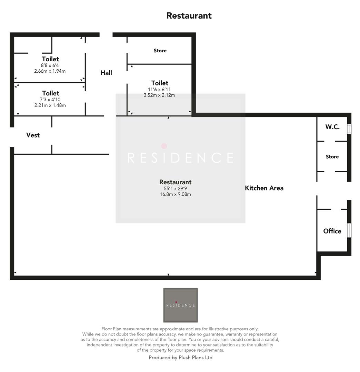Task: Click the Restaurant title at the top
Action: [x=189, y=15]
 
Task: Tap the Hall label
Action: [x=106, y=73]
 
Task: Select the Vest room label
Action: [x=33, y=135]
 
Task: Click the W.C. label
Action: [x=332, y=127]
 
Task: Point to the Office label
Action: [x=332, y=231]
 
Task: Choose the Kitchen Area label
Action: [x=264, y=188]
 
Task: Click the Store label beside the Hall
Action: [x=160, y=51]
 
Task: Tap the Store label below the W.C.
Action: [x=332, y=156]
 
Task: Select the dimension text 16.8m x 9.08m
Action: [x=175, y=194]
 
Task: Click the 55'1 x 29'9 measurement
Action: [x=175, y=188]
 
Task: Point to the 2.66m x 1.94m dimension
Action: [x=50, y=71]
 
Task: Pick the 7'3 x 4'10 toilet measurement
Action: [x=50, y=99]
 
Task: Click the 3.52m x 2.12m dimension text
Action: [x=159, y=95]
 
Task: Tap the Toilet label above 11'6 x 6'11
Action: [x=160, y=83]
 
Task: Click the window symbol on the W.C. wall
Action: [x=349, y=129]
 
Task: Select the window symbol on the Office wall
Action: [x=349, y=231]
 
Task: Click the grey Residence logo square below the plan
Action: [x=180, y=305]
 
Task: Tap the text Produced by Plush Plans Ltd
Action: [x=180, y=358]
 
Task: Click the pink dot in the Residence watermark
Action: [x=164, y=146]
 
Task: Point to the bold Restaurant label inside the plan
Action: [x=175, y=182]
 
